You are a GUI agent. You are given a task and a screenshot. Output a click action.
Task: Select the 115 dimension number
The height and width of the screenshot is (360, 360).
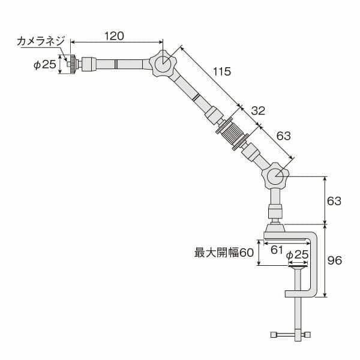[x=221, y=72]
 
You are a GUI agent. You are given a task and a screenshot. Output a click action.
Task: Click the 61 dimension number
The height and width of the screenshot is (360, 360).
[x=277, y=250]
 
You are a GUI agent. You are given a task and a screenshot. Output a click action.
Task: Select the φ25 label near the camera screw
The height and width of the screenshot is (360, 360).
[x=44, y=64]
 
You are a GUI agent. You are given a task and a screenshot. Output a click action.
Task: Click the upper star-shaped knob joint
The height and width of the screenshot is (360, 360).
[x=162, y=64]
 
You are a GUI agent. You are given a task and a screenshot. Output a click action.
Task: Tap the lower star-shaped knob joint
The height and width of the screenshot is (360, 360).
[x=275, y=176]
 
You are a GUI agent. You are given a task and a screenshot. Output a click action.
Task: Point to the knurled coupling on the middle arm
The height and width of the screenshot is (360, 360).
[x=232, y=133]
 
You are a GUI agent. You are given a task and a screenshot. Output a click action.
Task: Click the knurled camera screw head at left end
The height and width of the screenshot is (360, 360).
[x=72, y=64]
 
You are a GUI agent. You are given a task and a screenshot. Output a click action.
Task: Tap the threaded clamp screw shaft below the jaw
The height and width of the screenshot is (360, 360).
[x=298, y=315]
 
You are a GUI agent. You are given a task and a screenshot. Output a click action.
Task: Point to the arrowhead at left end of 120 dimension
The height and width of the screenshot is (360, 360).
[x=73, y=42]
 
